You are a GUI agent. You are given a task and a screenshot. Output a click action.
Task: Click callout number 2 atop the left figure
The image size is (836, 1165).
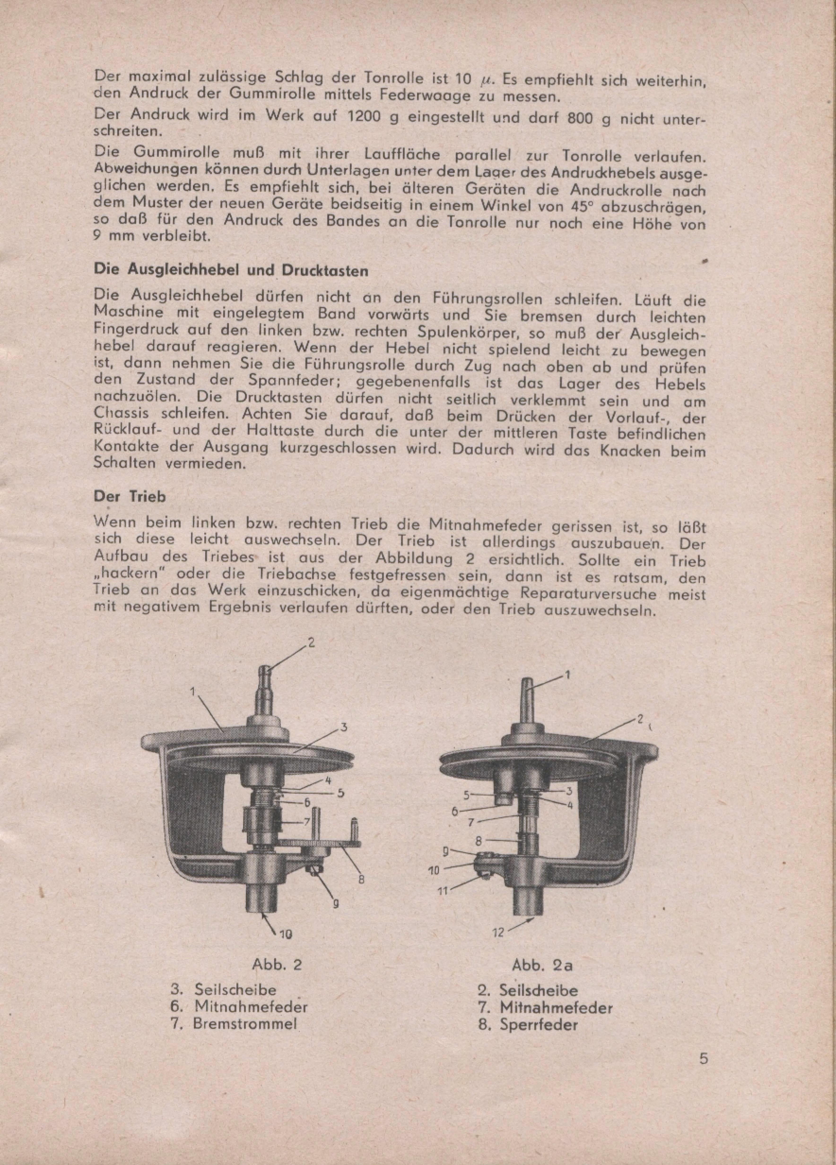coord(310,643)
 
